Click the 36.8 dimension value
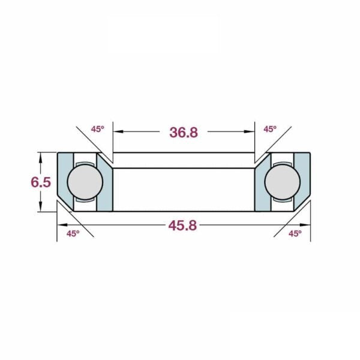point(184,133)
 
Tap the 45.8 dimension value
point(182,225)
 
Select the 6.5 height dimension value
point(41,182)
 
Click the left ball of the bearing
point(85,182)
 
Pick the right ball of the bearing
point(283,182)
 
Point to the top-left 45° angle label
point(98,129)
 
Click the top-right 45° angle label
point(270,129)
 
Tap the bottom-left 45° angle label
point(73,234)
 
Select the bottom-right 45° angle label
point(295,234)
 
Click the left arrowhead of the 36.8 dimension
point(118,131)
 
